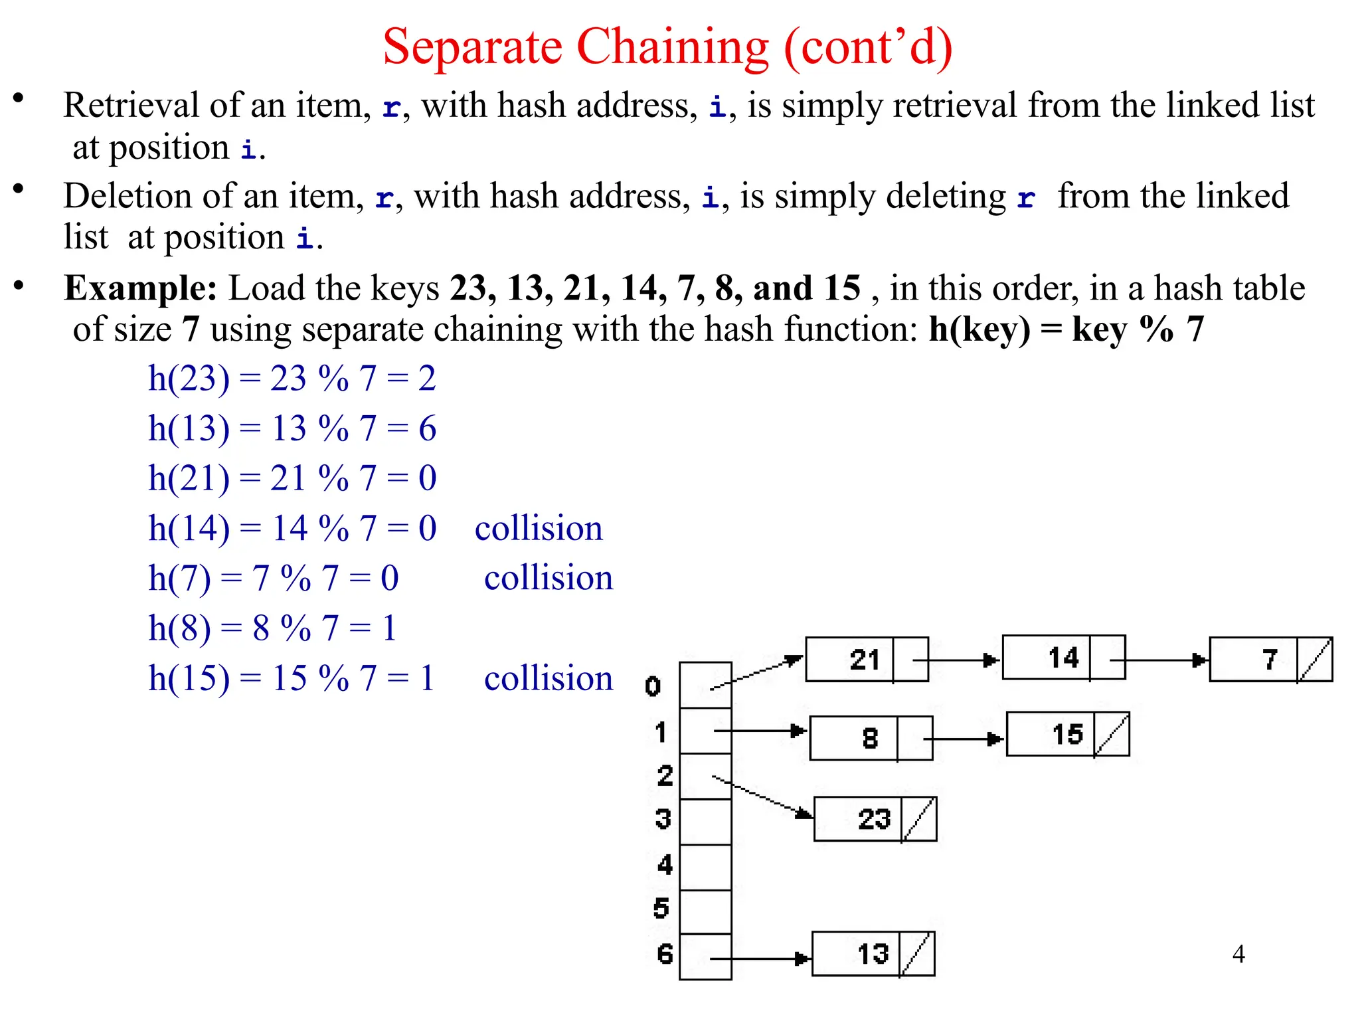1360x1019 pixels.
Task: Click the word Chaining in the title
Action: click(672, 48)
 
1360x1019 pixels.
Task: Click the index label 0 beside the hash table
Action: click(653, 686)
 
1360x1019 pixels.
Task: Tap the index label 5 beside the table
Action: click(661, 908)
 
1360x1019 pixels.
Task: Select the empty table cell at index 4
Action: click(705, 867)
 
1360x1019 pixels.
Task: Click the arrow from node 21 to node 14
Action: click(956, 660)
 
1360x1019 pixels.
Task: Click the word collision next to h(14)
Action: click(539, 529)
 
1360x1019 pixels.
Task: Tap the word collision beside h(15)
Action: click(549, 679)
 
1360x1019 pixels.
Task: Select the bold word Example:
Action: click(140, 288)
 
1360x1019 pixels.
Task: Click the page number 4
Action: click(1238, 954)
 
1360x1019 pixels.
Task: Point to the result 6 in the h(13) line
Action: click(428, 428)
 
